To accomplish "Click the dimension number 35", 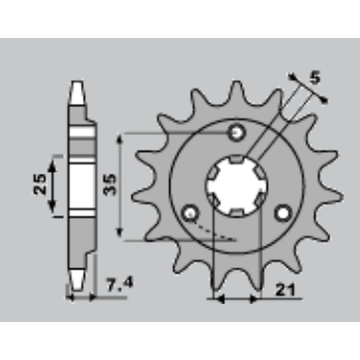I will pyautogui.click(x=111, y=184).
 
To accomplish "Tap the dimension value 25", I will pyautogui.click(x=40, y=184).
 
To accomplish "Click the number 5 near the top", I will pyautogui.click(x=315, y=78).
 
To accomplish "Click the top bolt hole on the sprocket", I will pyautogui.click(x=237, y=132).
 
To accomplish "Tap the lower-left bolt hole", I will pyautogui.click(x=189, y=212).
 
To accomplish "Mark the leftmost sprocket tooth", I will pyautogui.click(x=134, y=197).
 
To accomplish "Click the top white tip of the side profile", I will pyautogui.click(x=77, y=92).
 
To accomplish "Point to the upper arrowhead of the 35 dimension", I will pyautogui.click(x=119, y=139).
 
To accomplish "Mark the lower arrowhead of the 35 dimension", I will pyautogui.click(x=119, y=233).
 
